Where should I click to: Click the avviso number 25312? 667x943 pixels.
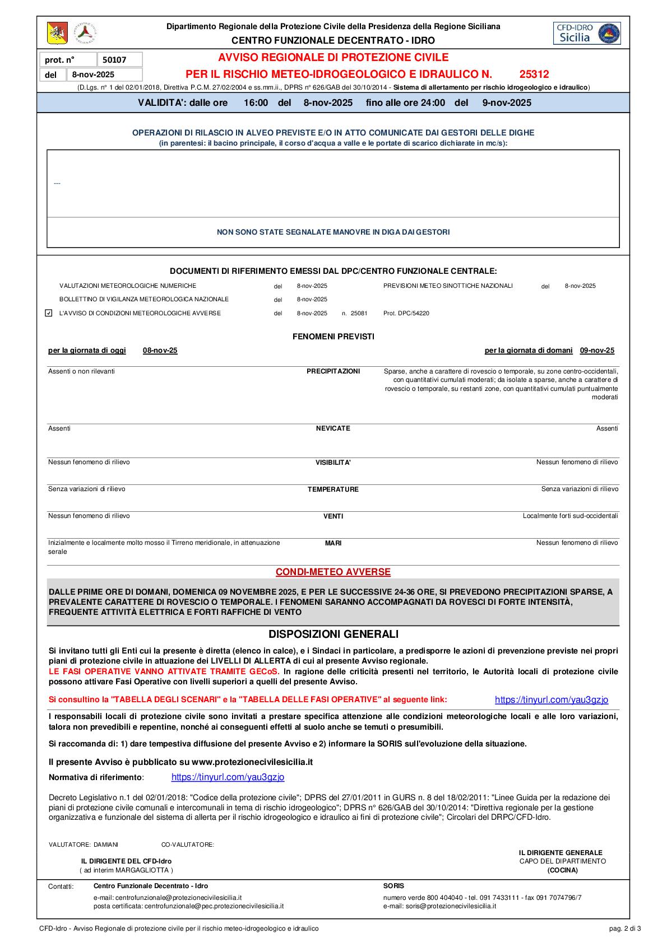point(534,74)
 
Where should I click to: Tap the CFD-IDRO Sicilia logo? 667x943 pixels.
point(586,33)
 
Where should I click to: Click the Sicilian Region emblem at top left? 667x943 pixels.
point(57,34)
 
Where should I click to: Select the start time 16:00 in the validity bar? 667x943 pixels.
point(256,102)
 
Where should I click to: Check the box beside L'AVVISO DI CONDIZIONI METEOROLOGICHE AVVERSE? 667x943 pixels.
point(49,313)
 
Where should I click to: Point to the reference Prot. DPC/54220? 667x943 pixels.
point(406,313)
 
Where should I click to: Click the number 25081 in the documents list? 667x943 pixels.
point(359,313)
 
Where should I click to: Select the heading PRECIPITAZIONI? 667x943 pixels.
point(333,371)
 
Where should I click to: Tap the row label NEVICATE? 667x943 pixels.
point(333,428)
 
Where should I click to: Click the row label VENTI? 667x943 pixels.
point(333,516)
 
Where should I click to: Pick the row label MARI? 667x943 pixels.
point(333,543)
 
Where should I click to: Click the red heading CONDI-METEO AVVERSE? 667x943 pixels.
point(333,572)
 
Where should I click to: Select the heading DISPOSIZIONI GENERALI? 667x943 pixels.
point(333,634)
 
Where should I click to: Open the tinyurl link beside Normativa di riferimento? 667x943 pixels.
point(228,777)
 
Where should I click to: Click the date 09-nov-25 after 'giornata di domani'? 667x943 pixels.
point(597,351)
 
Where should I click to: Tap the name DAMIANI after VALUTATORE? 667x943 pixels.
point(106,844)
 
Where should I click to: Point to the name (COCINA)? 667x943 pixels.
point(562,870)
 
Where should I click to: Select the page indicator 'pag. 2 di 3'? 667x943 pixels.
point(625,928)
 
